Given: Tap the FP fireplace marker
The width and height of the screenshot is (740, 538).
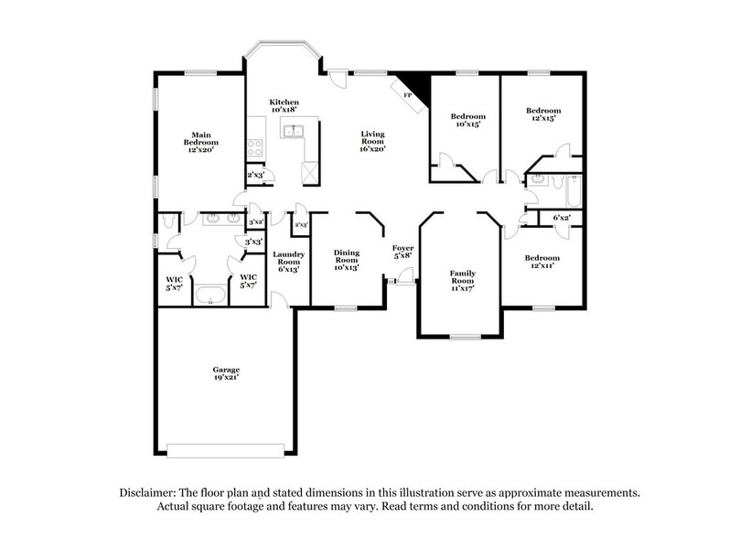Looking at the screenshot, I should [x=408, y=93].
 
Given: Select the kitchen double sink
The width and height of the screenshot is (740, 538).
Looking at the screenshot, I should [x=294, y=131].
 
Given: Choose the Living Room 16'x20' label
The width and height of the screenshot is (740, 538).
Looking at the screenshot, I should [x=371, y=143].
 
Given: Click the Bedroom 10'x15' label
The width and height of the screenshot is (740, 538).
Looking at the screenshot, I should [x=467, y=122].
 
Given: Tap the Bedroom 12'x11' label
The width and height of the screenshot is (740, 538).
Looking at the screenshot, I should [x=542, y=264].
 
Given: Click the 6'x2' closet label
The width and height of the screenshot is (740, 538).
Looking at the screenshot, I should [x=563, y=218].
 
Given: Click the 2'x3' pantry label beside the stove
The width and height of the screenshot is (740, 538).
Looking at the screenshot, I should [x=256, y=175].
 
